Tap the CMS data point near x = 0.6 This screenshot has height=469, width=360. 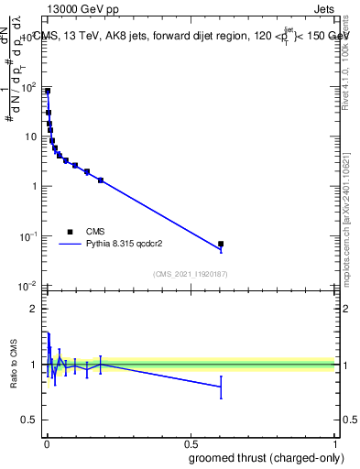point(220,244)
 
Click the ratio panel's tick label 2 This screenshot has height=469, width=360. point(35,309)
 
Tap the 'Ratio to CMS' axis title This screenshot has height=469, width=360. point(14,365)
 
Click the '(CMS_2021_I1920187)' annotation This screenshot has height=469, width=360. point(191,275)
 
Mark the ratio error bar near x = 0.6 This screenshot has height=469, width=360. point(220,387)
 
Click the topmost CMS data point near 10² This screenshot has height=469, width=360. point(48,92)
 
